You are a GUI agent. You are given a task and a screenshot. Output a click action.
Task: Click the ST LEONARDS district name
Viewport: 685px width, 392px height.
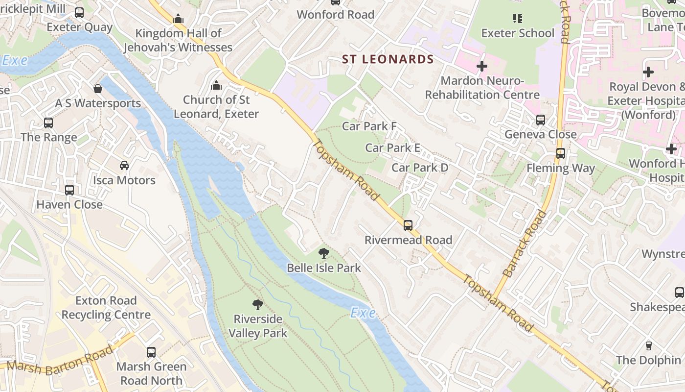click(x=388, y=59)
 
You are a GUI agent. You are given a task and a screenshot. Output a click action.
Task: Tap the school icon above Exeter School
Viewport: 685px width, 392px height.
click(x=517, y=19)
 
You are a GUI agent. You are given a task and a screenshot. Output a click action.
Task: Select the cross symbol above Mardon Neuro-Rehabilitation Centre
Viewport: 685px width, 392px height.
click(x=482, y=66)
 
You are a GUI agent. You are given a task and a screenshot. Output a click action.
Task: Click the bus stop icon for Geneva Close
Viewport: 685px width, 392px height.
click(x=541, y=120)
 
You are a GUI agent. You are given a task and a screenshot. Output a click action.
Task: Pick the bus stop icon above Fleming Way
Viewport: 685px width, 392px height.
click(x=561, y=153)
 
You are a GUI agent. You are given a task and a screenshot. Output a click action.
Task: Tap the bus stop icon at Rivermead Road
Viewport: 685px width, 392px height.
click(x=408, y=225)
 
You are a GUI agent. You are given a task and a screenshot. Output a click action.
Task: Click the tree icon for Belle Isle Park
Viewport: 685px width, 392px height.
click(x=323, y=253)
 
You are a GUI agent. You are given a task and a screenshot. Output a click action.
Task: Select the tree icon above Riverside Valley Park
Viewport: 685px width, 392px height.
click(x=258, y=305)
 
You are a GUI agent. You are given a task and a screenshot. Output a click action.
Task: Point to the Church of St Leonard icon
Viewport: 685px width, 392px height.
click(x=216, y=86)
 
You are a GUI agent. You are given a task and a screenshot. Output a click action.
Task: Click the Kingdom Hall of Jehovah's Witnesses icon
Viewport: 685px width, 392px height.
click(x=178, y=19)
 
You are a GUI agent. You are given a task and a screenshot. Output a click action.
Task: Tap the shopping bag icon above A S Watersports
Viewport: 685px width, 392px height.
click(x=98, y=89)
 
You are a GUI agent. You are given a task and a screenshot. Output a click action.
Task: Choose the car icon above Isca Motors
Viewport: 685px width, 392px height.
click(x=124, y=166)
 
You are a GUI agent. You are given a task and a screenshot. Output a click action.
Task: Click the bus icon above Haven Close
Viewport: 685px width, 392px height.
click(x=69, y=190)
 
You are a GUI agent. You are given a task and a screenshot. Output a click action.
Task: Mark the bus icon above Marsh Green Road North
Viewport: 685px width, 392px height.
click(x=151, y=352)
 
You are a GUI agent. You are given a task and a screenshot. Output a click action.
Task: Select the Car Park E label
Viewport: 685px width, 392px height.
click(x=392, y=147)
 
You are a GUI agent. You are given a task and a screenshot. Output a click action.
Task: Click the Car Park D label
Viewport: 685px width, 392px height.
click(x=420, y=168)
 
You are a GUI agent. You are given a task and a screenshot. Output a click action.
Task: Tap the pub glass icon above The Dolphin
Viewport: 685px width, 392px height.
click(x=648, y=345)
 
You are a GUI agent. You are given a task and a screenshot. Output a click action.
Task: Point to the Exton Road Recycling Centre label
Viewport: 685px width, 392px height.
click(x=106, y=307)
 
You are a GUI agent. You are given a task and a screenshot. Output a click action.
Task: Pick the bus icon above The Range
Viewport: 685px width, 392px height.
click(x=48, y=123)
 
